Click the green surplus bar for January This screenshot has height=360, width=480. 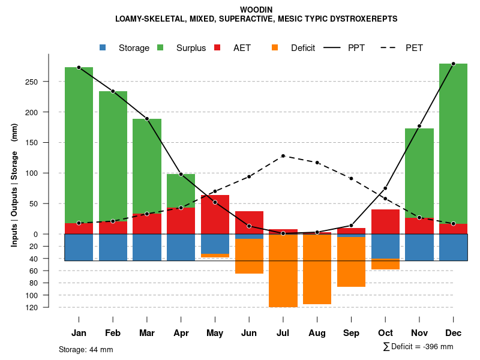79,144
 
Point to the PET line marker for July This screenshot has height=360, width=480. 283,156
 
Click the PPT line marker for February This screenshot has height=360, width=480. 113,91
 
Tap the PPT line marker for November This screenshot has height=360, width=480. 419,126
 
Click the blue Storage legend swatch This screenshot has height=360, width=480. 103,47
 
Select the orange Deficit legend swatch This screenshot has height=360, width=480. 275,47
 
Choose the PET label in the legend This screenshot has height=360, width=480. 414,48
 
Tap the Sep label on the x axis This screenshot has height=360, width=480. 351,333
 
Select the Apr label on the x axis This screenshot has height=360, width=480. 181,333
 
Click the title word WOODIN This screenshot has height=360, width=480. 256,10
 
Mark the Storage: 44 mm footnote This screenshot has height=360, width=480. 86,349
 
